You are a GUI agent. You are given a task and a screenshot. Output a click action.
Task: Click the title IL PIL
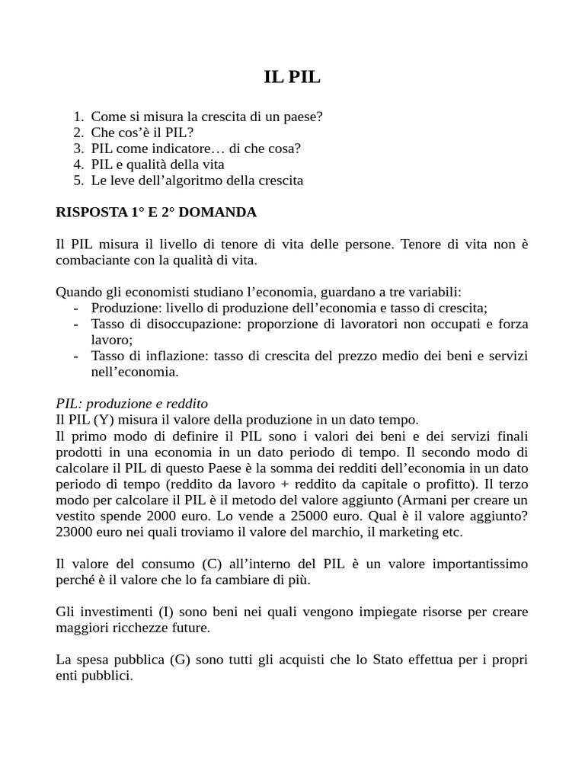pyautogui.click(x=292, y=78)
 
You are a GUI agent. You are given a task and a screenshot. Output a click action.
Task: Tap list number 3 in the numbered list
pyautogui.click(x=78, y=149)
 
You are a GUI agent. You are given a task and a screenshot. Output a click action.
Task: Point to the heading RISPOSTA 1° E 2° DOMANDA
pyautogui.click(x=156, y=213)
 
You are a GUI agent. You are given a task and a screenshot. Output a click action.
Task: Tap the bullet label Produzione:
pyautogui.click(x=125, y=308)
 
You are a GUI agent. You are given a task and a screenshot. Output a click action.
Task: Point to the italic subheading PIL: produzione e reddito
pyautogui.click(x=132, y=403)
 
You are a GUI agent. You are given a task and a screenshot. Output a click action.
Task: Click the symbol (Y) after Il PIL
pyautogui.click(x=104, y=419)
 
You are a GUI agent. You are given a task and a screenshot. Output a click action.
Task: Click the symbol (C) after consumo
pyautogui.click(x=213, y=563)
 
